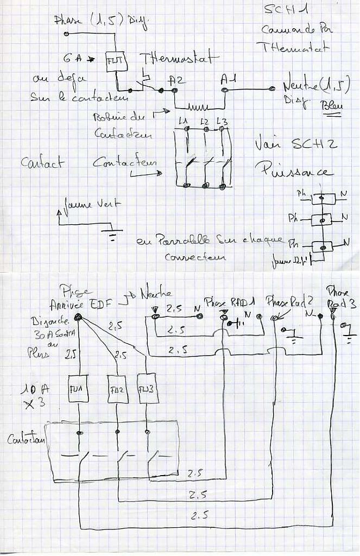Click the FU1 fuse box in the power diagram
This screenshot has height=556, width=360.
[x=74, y=389]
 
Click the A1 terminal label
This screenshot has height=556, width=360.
[x=228, y=80]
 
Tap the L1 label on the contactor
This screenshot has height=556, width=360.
[x=182, y=121]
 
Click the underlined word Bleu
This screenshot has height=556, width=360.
[x=332, y=106]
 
